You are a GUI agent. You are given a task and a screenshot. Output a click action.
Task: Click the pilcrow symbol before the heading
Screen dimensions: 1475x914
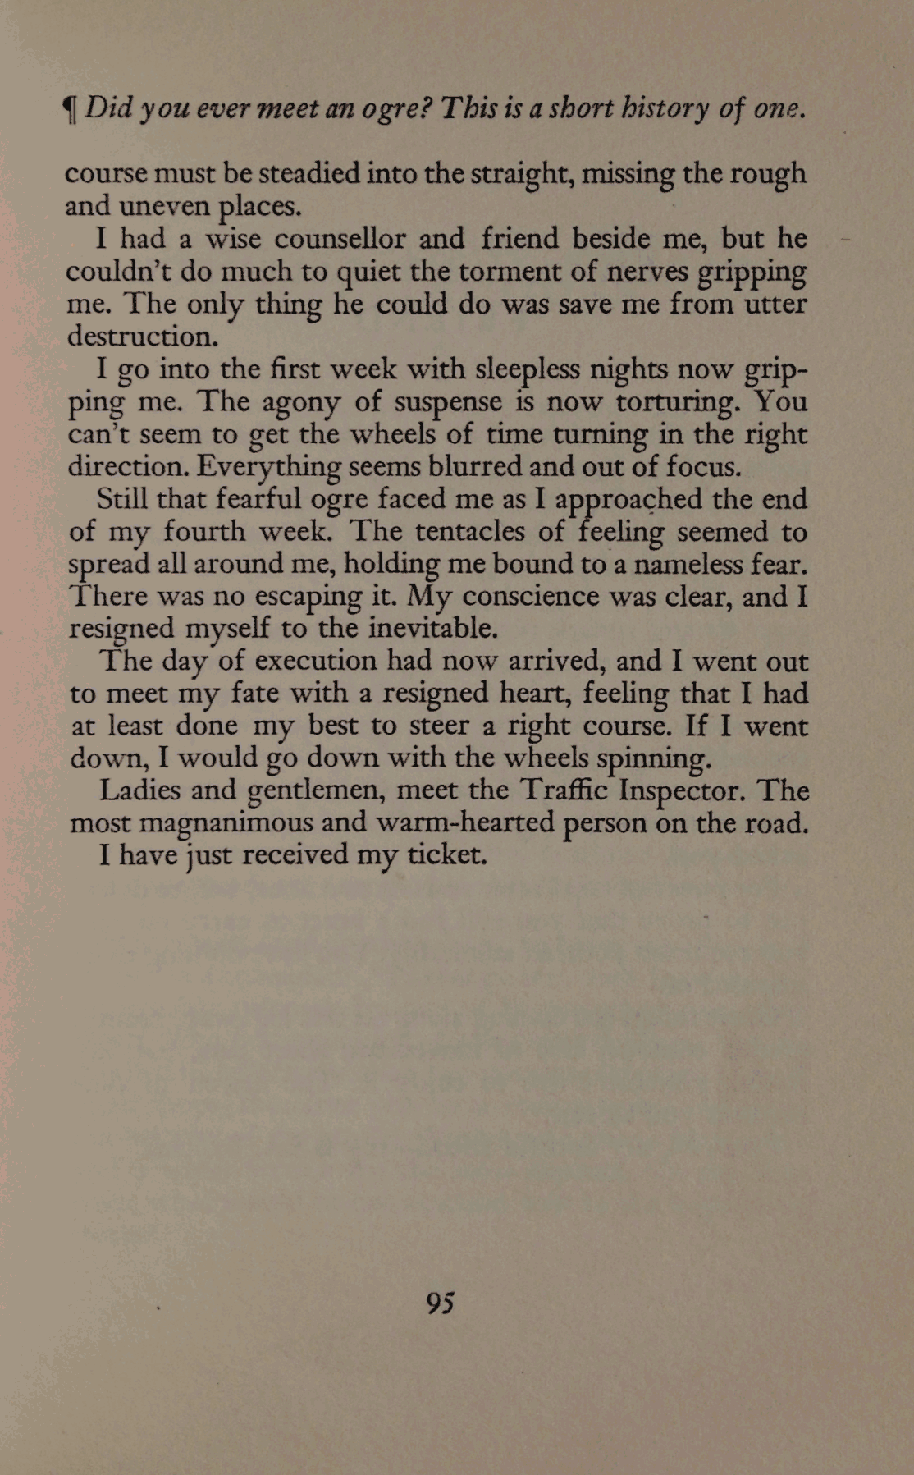(x=71, y=109)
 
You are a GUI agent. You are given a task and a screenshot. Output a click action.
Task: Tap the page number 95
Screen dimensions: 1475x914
(x=441, y=1303)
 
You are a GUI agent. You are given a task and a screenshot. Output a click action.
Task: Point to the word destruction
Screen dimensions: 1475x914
(x=142, y=337)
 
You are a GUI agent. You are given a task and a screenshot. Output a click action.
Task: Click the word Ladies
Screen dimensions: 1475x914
(x=139, y=790)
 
